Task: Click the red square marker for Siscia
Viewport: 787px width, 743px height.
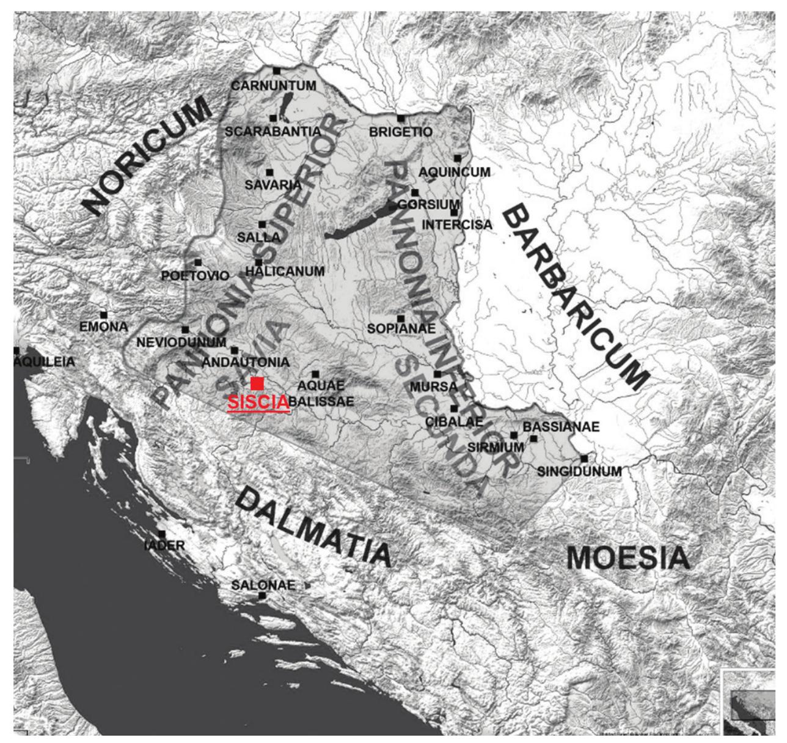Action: point(257,383)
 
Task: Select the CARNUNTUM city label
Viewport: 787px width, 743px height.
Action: point(273,86)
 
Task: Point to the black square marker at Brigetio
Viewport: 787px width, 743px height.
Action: point(401,118)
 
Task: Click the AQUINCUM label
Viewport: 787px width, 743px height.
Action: point(455,172)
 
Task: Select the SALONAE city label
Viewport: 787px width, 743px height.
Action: point(263,585)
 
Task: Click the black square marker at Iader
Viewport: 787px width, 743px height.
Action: point(162,534)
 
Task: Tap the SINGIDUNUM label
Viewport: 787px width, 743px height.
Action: point(579,471)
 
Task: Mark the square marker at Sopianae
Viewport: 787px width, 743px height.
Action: point(401,319)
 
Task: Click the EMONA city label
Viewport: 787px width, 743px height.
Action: point(104,327)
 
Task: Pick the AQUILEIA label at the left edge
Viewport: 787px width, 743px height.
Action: point(44,362)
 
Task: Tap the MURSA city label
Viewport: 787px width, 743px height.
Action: point(434,386)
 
